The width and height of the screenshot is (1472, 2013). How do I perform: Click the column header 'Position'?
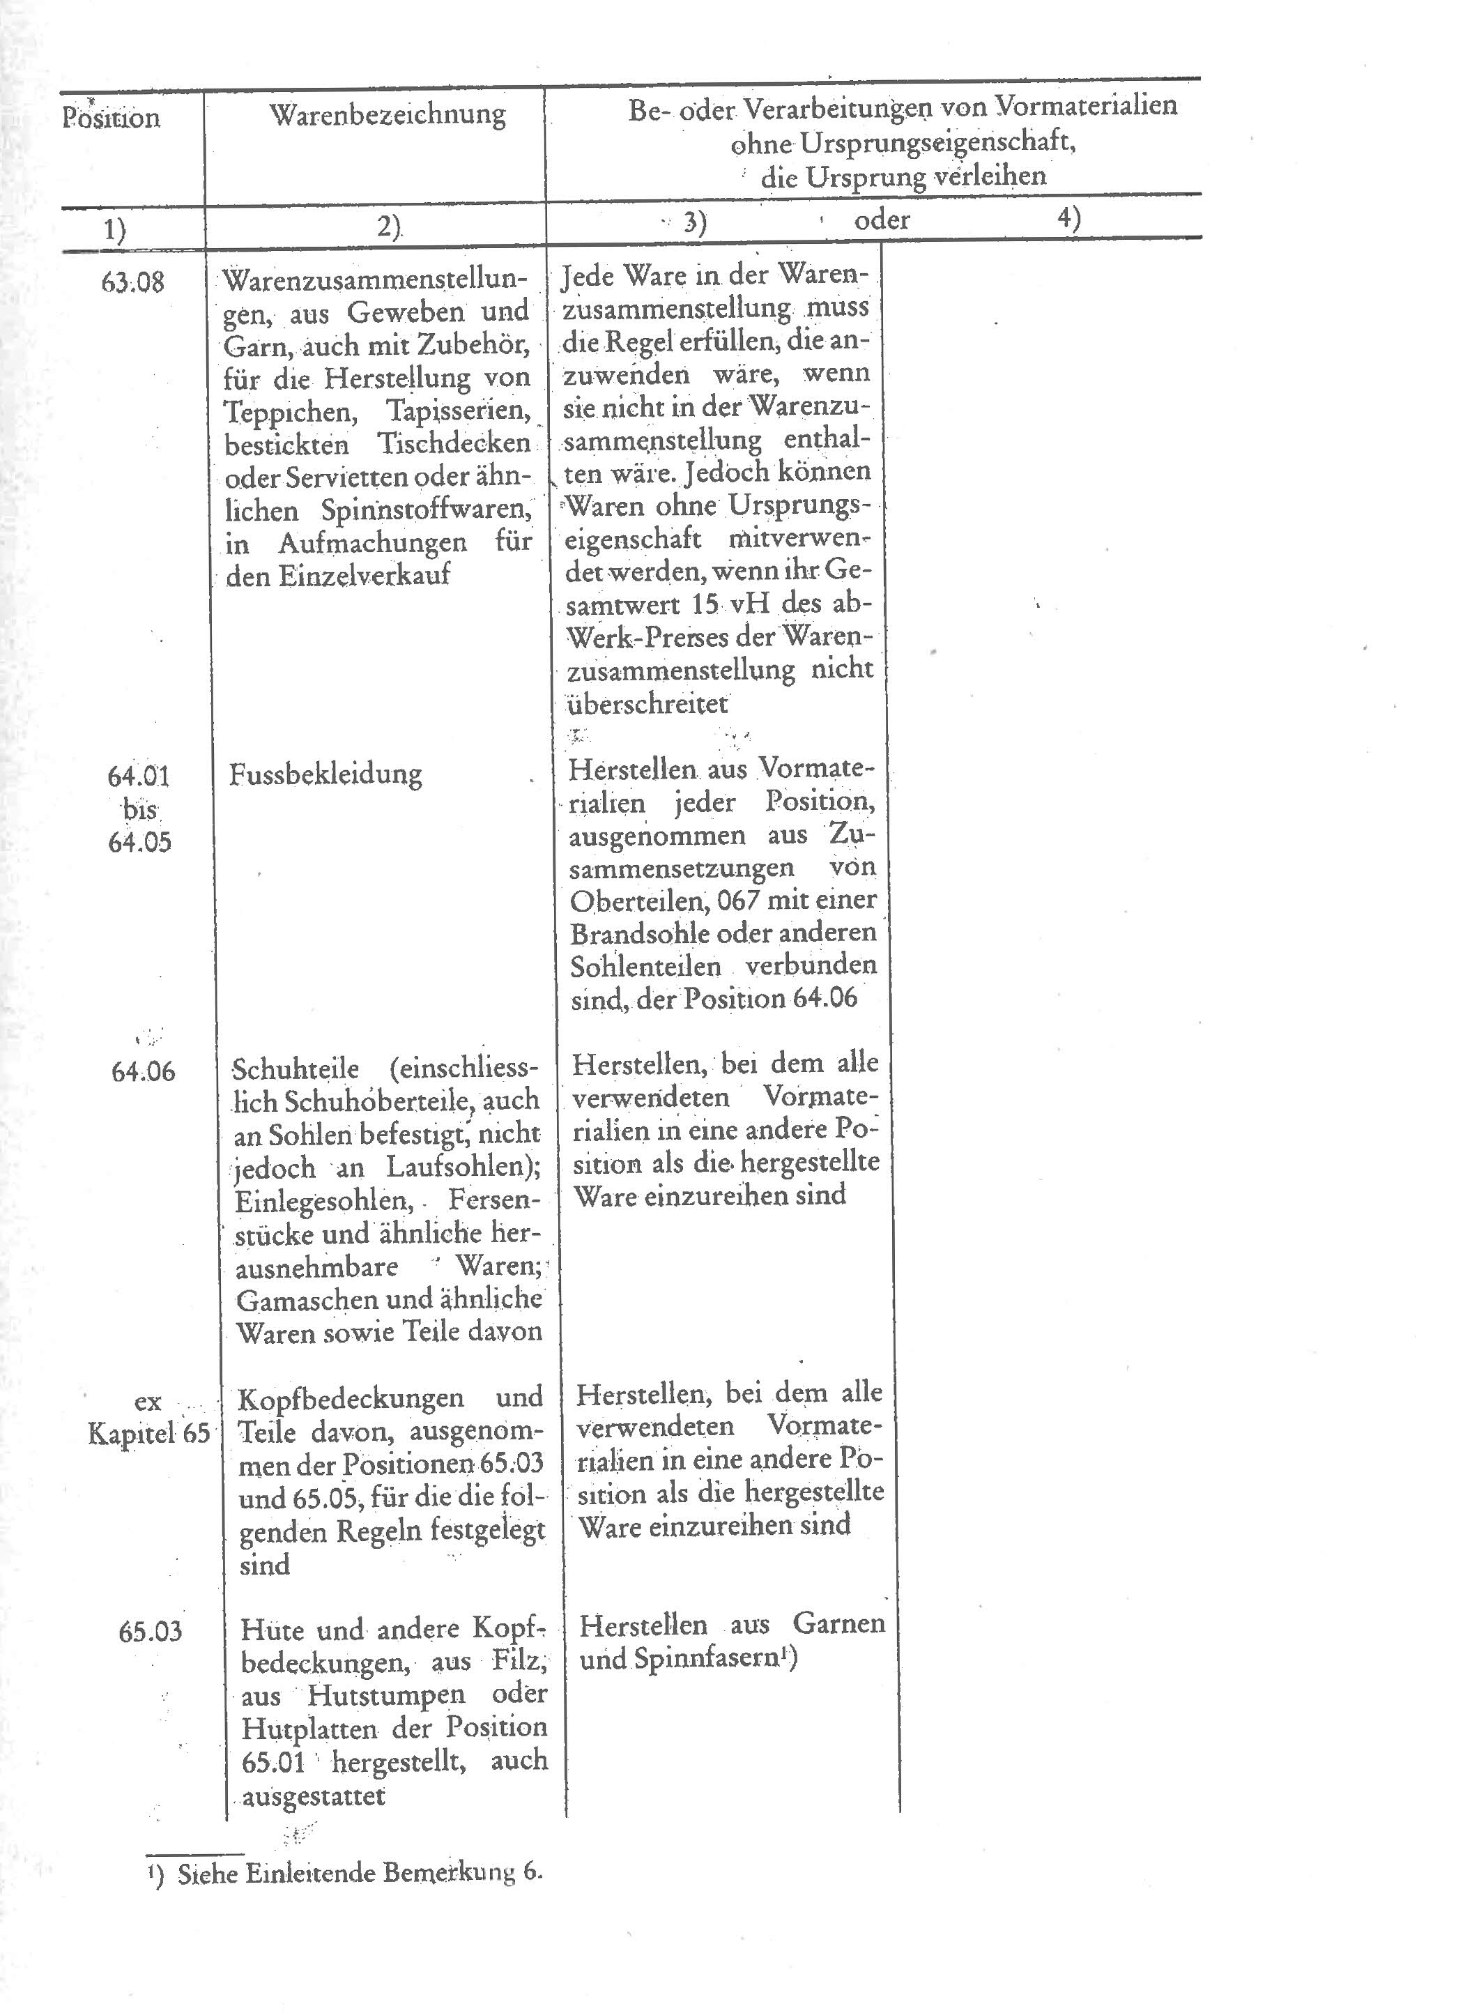[112, 118]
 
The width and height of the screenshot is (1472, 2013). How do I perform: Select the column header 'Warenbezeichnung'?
[388, 114]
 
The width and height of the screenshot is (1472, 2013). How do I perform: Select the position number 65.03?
[150, 1632]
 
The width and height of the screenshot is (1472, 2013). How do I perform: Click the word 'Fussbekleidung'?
[325, 774]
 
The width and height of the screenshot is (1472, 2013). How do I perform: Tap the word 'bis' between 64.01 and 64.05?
[138, 810]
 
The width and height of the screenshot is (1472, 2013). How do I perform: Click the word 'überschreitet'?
[647, 704]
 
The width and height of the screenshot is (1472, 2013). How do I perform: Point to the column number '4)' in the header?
[1069, 217]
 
